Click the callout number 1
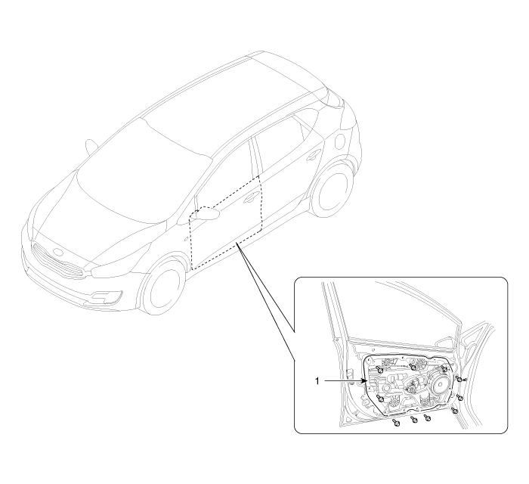point(317,381)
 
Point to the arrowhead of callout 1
point(365,381)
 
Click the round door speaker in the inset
point(440,384)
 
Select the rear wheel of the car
point(331,190)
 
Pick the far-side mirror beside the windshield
point(91,147)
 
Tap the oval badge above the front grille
point(58,253)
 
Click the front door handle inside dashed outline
point(252,198)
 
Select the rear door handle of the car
point(314,154)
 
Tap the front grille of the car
point(58,261)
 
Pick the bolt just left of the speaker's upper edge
point(444,368)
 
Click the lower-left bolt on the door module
point(381,399)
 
